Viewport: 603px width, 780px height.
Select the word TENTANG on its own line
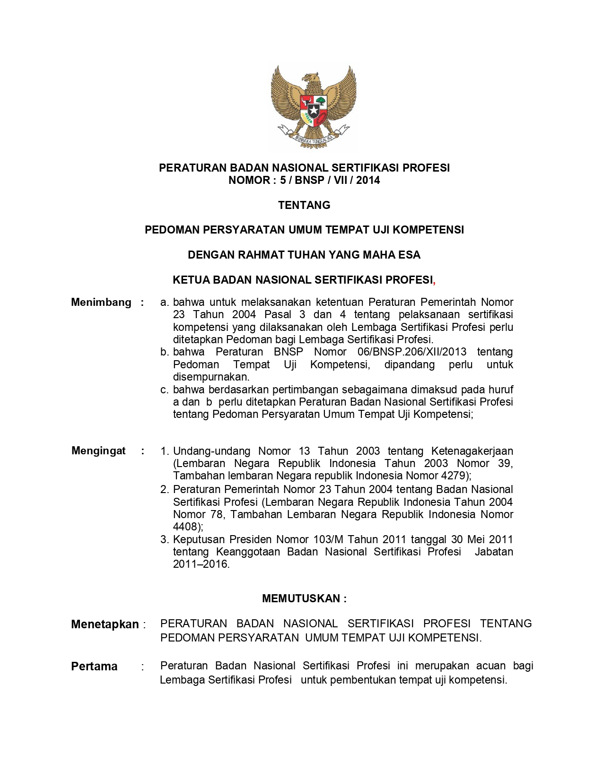[x=304, y=205]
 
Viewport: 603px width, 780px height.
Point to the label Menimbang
[x=101, y=303]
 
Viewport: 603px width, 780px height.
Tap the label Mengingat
[x=98, y=451]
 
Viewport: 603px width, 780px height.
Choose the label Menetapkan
[x=105, y=624]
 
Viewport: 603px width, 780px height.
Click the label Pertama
[x=94, y=667]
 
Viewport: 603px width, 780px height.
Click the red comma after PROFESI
[x=434, y=282]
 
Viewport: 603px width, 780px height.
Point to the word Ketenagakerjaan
[x=472, y=451]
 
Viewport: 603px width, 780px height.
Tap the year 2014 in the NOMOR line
[x=368, y=180]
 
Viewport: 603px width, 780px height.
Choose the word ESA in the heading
[x=409, y=255]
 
